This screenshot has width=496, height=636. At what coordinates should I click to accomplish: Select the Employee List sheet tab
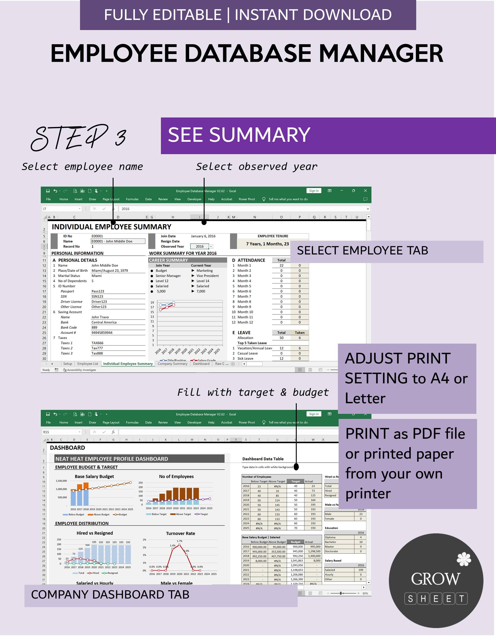click(88, 364)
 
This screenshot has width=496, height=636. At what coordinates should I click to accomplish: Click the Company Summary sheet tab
click(172, 364)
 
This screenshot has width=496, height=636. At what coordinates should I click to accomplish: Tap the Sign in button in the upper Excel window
click(314, 191)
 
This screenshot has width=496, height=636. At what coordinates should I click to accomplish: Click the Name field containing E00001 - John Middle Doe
click(118, 241)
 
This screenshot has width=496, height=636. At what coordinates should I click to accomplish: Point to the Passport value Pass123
click(98, 291)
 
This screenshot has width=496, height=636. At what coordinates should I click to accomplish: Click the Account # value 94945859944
click(102, 333)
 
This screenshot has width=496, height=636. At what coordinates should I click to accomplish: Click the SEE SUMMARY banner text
click(239, 135)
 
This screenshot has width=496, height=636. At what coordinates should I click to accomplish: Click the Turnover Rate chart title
click(181, 534)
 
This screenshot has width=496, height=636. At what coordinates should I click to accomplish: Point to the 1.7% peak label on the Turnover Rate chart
click(179, 541)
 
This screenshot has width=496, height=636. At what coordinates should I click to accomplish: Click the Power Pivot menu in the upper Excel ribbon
click(246, 199)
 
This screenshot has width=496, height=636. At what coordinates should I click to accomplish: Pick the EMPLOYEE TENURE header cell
click(273, 236)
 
